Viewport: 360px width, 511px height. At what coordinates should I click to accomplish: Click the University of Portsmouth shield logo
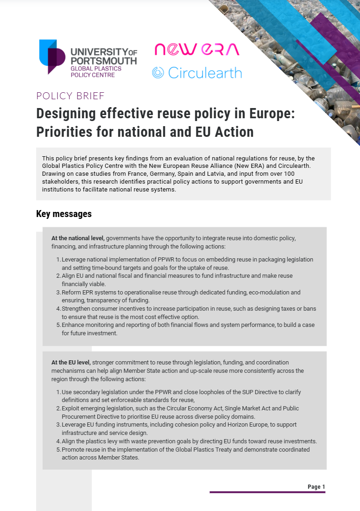(52, 57)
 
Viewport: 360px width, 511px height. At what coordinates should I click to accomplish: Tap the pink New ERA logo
(196, 49)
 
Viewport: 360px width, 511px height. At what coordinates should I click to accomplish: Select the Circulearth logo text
(204, 73)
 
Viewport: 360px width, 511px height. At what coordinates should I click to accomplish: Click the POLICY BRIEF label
(70, 96)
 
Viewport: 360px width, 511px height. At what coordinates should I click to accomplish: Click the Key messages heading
(64, 214)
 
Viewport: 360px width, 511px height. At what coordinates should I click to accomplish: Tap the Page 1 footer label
(316, 487)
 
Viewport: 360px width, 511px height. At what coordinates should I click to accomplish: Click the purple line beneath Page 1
(267, 492)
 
